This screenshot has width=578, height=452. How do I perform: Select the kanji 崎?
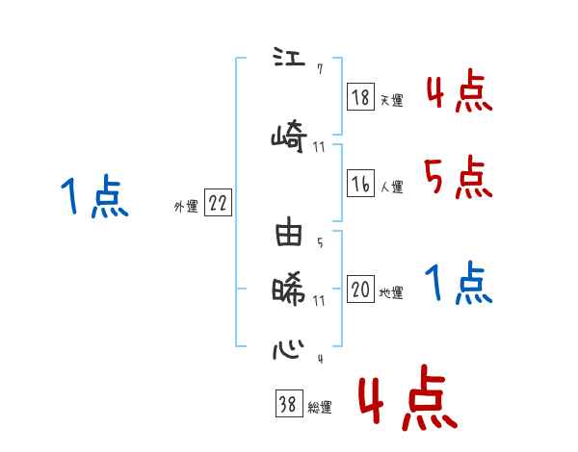coord(289,136)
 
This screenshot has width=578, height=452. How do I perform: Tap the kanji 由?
coord(289,236)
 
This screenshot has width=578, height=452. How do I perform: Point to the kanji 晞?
coord(289,289)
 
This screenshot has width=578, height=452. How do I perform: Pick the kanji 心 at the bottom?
coord(289,347)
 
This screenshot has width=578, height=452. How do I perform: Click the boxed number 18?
coord(360,97)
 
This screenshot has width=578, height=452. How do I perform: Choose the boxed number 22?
coord(218,203)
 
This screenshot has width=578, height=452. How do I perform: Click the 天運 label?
coord(391,100)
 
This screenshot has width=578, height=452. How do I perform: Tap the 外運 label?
coord(185,206)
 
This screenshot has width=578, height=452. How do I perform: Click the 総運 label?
coord(319,408)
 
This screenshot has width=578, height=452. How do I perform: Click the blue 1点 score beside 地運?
coord(458,283)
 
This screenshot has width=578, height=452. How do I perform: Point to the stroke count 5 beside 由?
coord(319,241)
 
